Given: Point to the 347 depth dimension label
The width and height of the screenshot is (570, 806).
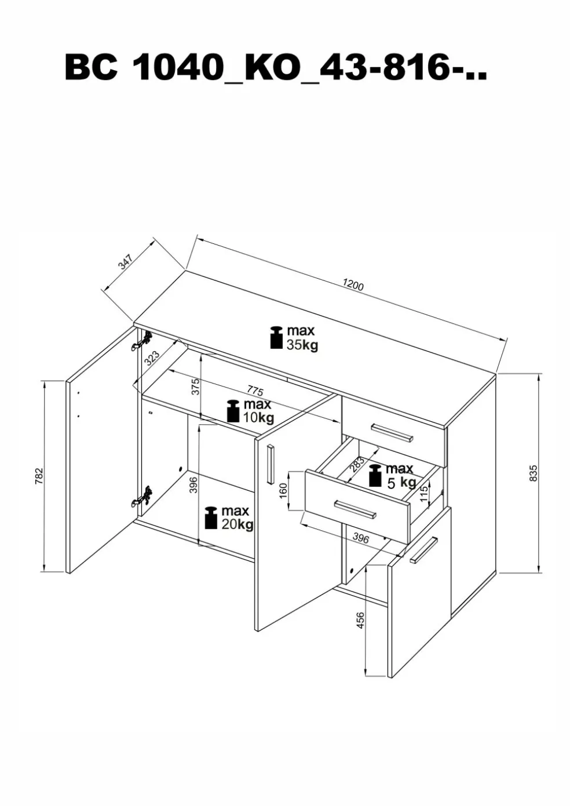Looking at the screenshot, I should tap(126, 262).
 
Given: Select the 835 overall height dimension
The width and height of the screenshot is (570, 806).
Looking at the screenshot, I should tap(534, 473).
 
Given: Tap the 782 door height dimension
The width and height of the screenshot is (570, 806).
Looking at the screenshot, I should tap(39, 476).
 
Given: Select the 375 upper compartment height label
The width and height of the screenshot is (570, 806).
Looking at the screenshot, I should tap(196, 386).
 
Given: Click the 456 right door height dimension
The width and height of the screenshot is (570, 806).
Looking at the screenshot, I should tap(360, 620).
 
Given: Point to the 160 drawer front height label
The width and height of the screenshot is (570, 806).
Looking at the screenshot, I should tap(283, 491).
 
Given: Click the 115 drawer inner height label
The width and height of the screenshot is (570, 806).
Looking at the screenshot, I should tap(423, 493).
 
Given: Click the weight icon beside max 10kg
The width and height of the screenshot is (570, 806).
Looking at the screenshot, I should tap(233, 411).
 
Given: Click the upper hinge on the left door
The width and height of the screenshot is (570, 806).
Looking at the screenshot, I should tap(142, 341).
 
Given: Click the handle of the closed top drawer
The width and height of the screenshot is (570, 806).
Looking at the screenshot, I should tap(392, 432).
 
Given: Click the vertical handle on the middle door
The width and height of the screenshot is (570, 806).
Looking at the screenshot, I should tap(270, 464).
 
